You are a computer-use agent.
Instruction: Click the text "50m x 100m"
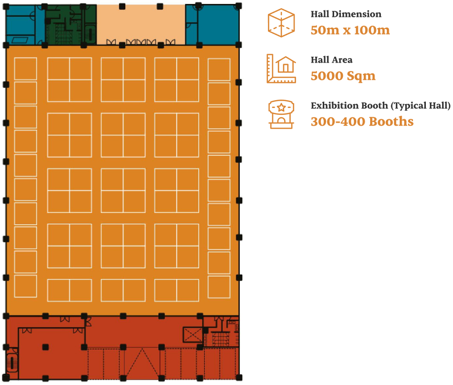coord(350,30)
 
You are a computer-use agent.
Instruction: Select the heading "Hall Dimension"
coord(346,14)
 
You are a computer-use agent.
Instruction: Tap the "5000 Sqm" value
coord(343,76)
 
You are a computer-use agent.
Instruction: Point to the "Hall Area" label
coord(332,60)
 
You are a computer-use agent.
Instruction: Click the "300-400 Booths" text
coord(362,122)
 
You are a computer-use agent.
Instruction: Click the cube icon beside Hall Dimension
coord(281,23)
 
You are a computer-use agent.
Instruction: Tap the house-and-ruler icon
coord(281,69)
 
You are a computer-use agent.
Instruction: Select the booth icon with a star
coord(281,114)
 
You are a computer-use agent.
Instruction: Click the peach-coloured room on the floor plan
coord(141,24)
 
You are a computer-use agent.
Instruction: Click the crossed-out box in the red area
coord(192,335)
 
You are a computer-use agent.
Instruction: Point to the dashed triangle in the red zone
coord(142,364)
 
